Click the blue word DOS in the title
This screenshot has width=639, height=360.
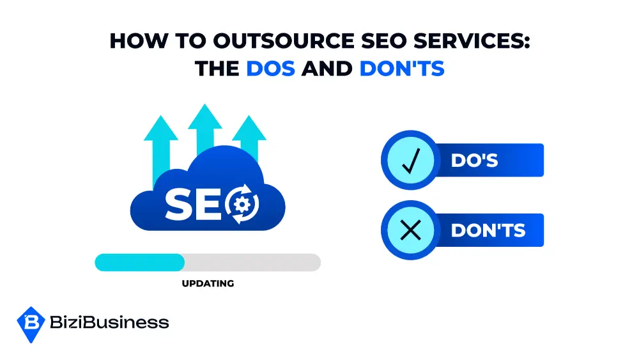(x=270, y=68)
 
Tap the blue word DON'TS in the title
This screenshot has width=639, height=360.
(x=402, y=68)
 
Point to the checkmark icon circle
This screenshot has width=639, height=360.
(x=409, y=160)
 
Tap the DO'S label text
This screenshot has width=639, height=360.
(x=474, y=160)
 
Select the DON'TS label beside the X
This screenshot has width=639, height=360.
(x=488, y=230)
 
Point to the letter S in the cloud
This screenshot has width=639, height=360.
(x=178, y=204)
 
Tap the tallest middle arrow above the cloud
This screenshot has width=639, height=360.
(x=205, y=131)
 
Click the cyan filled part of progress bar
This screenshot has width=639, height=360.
(x=139, y=262)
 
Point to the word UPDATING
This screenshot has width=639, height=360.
(x=208, y=283)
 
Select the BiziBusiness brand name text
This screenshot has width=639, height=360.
(x=109, y=322)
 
